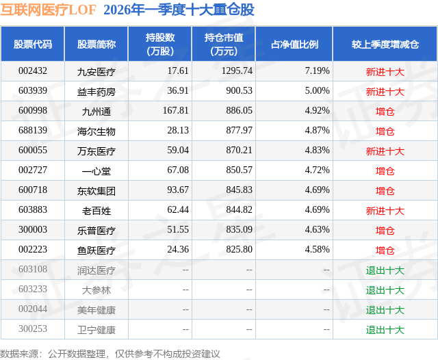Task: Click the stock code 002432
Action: (33, 70)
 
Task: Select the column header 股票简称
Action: (96, 44)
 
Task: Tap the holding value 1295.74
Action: (237, 70)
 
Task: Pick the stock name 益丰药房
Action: (96, 92)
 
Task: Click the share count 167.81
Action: (176, 110)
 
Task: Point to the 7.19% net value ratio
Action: (318, 70)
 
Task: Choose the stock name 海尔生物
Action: (96, 131)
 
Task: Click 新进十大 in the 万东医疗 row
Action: (385, 151)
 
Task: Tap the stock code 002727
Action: (33, 170)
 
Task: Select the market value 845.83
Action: (239, 190)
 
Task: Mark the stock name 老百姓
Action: (96, 211)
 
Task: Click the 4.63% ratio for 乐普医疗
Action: (318, 229)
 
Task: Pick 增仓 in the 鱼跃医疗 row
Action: (385, 250)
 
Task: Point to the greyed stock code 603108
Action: (33, 269)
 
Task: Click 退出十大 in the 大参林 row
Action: (385, 290)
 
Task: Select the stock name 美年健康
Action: (96, 310)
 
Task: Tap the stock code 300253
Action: (33, 329)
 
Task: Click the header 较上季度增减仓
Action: (385, 44)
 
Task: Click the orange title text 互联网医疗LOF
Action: (49, 10)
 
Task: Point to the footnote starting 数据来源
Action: (110, 354)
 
